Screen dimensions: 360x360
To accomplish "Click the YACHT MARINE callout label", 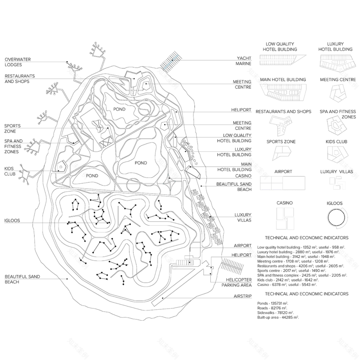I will [244, 61].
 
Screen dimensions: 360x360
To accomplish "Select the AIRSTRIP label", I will [243, 295].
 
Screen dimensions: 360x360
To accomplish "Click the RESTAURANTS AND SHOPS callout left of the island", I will [20, 79].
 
